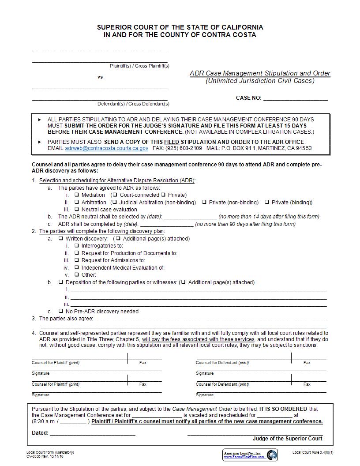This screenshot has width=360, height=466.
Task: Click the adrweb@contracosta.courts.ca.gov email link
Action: pos(106,148)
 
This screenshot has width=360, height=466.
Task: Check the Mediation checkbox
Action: pos(77,195)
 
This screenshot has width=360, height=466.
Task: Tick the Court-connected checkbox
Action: pos(115,195)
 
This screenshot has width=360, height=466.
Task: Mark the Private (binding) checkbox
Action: pos(267,202)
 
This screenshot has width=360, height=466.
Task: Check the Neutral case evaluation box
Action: pos(77,209)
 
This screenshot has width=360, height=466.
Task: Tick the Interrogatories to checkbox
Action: pos(77,245)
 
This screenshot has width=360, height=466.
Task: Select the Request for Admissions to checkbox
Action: pos(77,260)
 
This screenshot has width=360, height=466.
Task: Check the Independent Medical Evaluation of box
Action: pos(77,267)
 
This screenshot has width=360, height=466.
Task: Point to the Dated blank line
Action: pos(92,433)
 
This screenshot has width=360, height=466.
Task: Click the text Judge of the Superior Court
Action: pos(287,438)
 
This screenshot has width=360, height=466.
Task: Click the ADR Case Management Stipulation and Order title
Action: pos(260,73)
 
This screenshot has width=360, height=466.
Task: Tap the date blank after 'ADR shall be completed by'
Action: pos(166,224)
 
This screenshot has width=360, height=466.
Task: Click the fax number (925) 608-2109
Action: pos(184,148)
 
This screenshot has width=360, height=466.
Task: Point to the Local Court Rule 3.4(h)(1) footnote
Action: pos(312,452)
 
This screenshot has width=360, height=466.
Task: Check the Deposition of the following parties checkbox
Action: pos(61,282)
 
